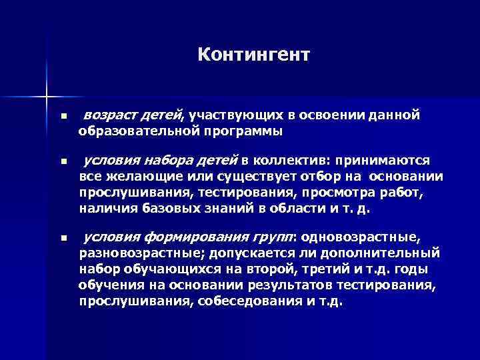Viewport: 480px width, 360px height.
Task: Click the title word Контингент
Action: click(253, 54)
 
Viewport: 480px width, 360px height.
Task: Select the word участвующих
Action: click(221, 116)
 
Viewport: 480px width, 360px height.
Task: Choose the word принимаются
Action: click(383, 161)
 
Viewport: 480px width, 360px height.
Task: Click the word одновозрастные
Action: click(364, 237)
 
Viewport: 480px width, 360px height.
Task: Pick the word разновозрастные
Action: click(133, 253)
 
